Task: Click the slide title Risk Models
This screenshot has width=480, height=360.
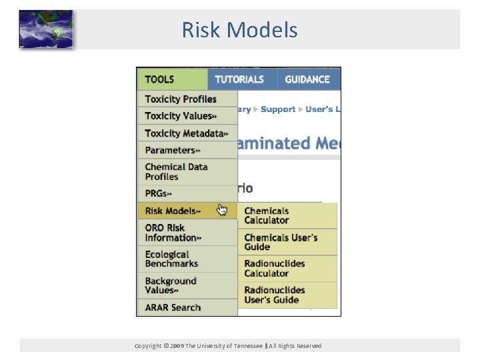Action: pos(240,30)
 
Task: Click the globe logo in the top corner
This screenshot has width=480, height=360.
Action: pos(45,29)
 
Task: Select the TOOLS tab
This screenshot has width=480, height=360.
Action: pos(160,79)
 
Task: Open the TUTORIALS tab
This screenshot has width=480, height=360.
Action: pos(239,79)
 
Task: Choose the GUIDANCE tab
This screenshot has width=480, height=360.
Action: pos(307,79)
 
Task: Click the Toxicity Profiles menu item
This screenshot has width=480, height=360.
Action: pos(181,99)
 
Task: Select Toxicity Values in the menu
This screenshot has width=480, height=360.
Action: pos(180,116)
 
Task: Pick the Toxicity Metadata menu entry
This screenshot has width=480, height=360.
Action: pos(186,133)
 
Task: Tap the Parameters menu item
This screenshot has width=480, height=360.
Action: pos(172,151)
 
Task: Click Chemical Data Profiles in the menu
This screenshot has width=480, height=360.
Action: pos(176,172)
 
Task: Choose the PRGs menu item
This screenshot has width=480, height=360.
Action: pos(159,194)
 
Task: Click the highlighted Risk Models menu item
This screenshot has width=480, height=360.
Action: pos(173,211)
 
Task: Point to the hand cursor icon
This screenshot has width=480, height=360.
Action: pos(222,211)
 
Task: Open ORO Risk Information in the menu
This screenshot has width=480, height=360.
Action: pos(173,233)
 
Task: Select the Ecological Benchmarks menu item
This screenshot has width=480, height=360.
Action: pos(171,259)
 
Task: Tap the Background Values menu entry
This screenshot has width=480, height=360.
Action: pos(171,285)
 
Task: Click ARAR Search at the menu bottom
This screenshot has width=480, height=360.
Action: pos(173,307)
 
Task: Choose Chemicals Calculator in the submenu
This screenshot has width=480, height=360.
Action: pos(267,215)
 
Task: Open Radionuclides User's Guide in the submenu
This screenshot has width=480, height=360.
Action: pos(274,295)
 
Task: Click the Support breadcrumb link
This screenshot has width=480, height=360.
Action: pos(278,109)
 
